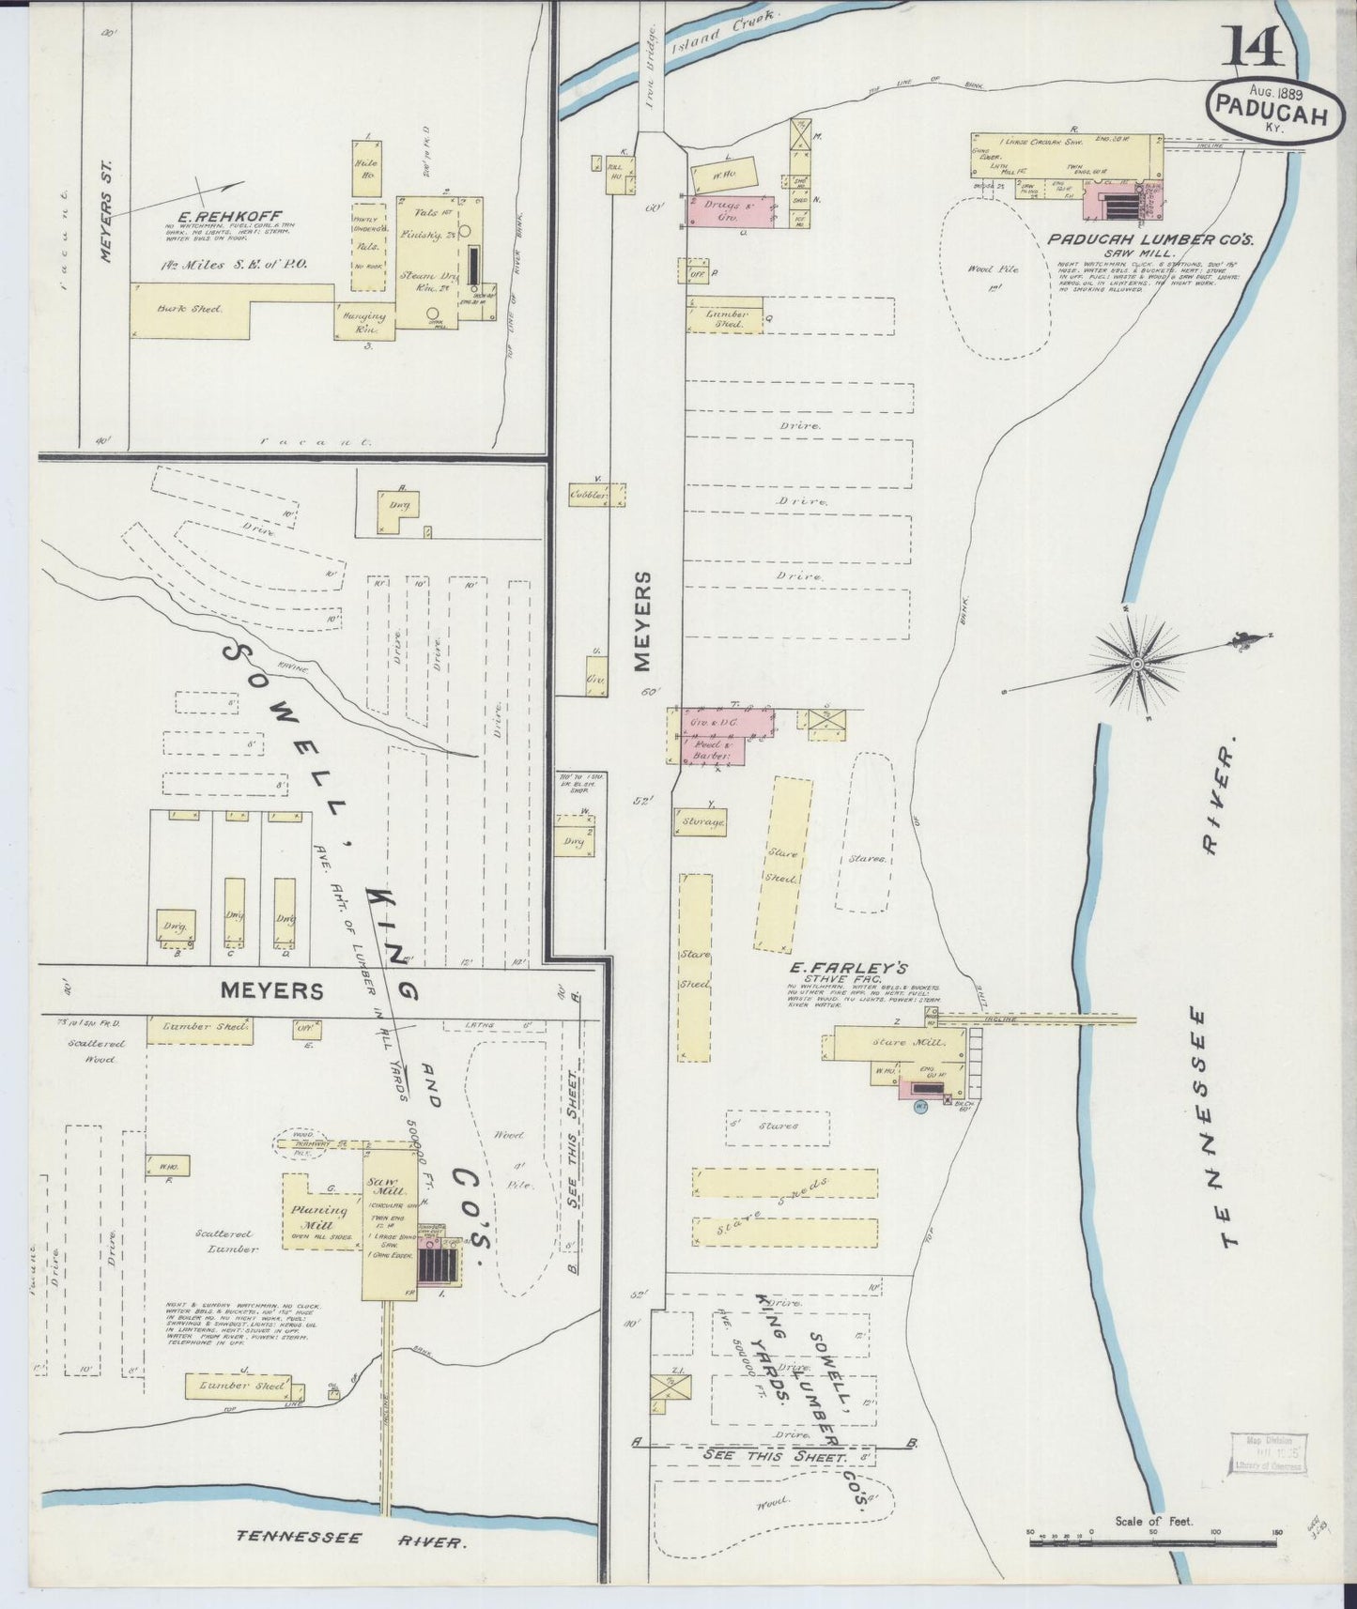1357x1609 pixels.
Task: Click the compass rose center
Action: coord(1138,664)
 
